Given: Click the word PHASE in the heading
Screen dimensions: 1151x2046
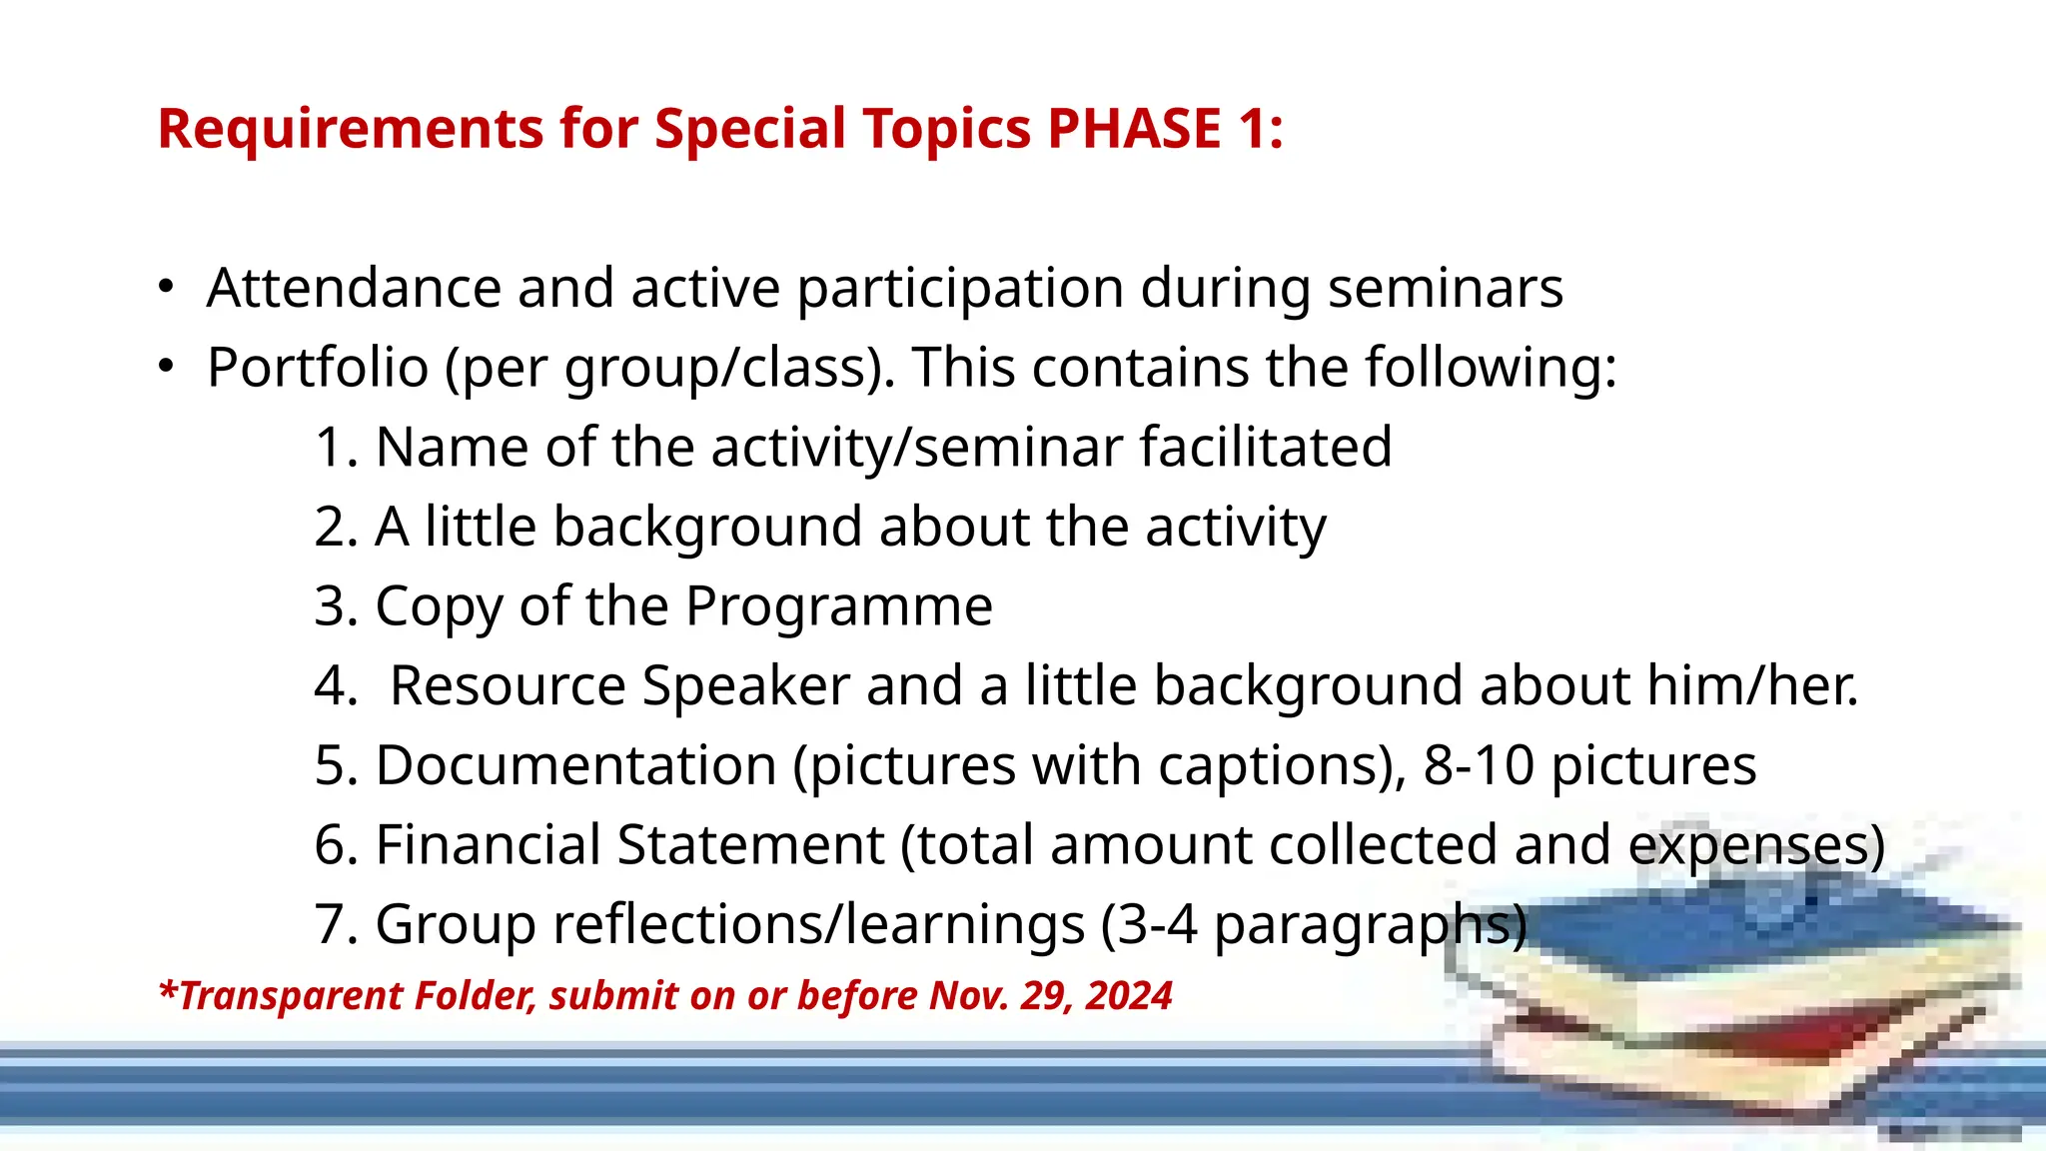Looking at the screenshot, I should [x=1134, y=129].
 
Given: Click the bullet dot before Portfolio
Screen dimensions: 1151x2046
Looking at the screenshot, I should [x=166, y=368].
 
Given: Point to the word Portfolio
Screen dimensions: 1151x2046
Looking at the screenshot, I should [x=317, y=368].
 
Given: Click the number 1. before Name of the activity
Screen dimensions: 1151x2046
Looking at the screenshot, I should [x=336, y=447].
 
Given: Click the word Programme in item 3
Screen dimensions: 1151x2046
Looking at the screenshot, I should [x=838, y=606].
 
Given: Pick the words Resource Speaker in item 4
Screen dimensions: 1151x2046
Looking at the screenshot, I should [x=619, y=686].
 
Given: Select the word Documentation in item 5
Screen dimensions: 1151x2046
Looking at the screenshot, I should [x=575, y=766].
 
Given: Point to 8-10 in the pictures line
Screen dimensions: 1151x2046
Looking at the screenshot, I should [x=1479, y=766].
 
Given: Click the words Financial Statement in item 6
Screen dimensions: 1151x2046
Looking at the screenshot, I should [x=629, y=845].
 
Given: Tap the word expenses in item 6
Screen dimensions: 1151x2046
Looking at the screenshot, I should [x=1748, y=845].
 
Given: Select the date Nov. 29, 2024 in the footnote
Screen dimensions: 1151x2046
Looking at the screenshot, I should [x=1050, y=996].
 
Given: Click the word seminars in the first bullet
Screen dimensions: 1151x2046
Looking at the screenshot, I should [x=1445, y=289].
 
